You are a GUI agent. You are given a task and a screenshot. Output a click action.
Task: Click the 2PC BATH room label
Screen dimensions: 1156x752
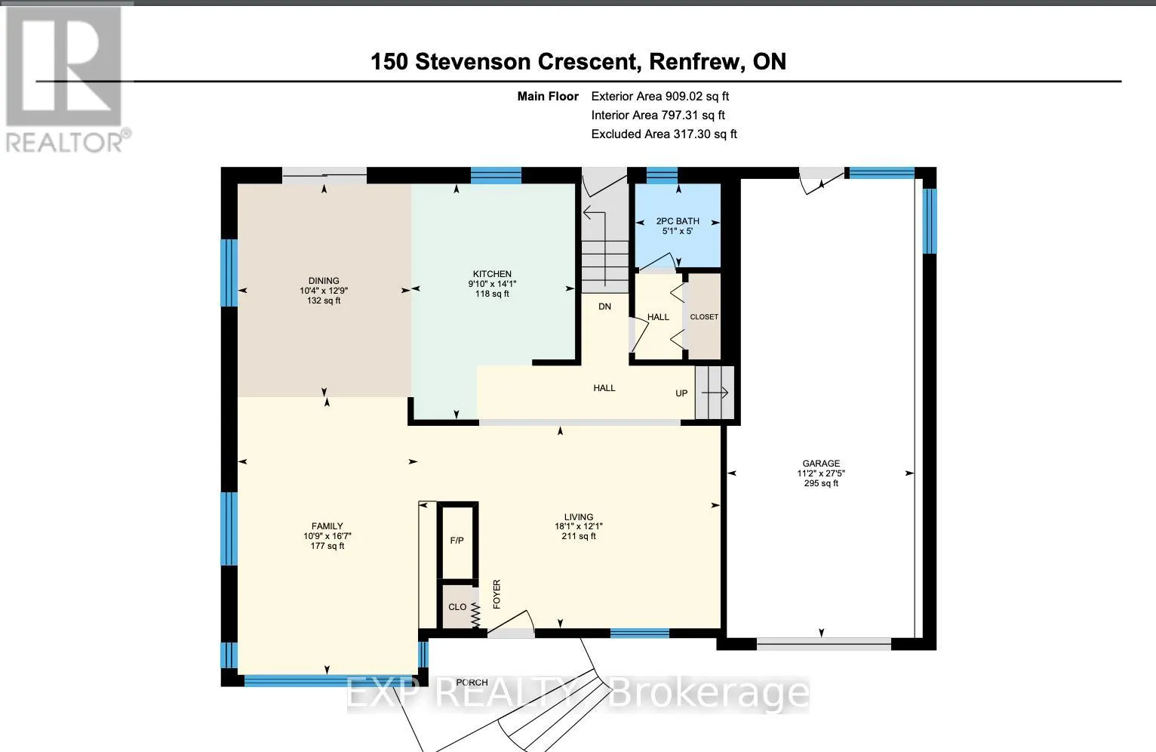pyautogui.click(x=678, y=221)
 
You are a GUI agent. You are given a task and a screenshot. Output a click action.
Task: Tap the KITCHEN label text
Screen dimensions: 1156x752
pyautogui.click(x=492, y=274)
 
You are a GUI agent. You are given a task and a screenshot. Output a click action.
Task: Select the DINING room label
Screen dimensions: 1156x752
pyautogui.click(x=324, y=281)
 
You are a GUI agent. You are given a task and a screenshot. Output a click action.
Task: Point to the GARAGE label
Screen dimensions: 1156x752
pyautogui.click(x=821, y=464)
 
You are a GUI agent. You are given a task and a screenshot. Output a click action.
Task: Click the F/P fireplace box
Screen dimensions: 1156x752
pyautogui.click(x=457, y=541)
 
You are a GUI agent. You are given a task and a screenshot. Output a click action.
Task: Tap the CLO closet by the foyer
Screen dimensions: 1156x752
pyautogui.click(x=457, y=606)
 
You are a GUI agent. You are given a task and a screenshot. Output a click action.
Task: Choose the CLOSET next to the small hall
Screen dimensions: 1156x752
pyautogui.click(x=704, y=316)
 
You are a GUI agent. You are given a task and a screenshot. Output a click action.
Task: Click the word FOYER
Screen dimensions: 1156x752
pyautogui.click(x=497, y=594)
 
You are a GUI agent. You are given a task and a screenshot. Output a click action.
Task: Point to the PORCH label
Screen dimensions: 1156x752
pyautogui.click(x=472, y=683)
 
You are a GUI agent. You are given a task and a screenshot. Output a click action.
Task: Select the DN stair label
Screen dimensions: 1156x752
pyautogui.click(x=604, y=307)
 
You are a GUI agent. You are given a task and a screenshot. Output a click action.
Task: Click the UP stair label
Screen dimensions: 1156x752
pyautogui.click(x=681, y=393)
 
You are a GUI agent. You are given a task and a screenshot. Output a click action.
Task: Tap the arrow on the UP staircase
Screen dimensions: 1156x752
pyautogui.click(x=715, y=393)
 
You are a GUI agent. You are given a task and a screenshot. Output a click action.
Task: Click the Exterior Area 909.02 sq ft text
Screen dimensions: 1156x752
pyautogui.click(x=660, y=96)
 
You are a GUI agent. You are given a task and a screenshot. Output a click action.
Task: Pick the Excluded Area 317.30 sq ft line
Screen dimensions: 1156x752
pyautogui.click(x=664, y=134)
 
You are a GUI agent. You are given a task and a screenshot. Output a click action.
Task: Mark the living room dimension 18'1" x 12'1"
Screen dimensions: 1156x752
pyautogui.click(x=579, y=526)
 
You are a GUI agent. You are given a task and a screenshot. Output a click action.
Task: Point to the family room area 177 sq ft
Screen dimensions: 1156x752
pyautogui.click(x=327, y=546)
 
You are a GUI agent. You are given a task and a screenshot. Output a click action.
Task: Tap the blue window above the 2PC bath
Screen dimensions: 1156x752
pyautogui.click(x=662, y=175)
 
